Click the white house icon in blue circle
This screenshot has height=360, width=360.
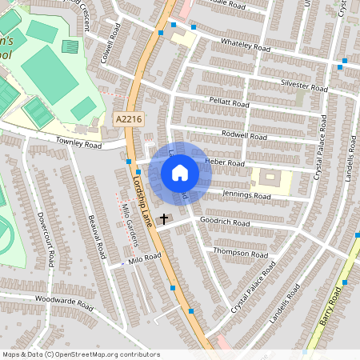(x=180, y=172)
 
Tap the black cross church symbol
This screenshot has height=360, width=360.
(x=165, y=218)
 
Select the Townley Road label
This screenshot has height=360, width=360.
(x=78, y=145)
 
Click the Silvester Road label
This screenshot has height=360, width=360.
(x=304, y=84)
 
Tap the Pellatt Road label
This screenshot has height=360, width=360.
(x=228, y=104)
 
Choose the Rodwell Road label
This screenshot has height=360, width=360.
(x=244, y=136)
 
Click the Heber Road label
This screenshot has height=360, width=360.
(x=225, y=162)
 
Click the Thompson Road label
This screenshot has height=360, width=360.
(x=240, y=254)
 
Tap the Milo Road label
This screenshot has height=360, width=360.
(x=146, y=258)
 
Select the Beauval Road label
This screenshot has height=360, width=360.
(x=97, y=235)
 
